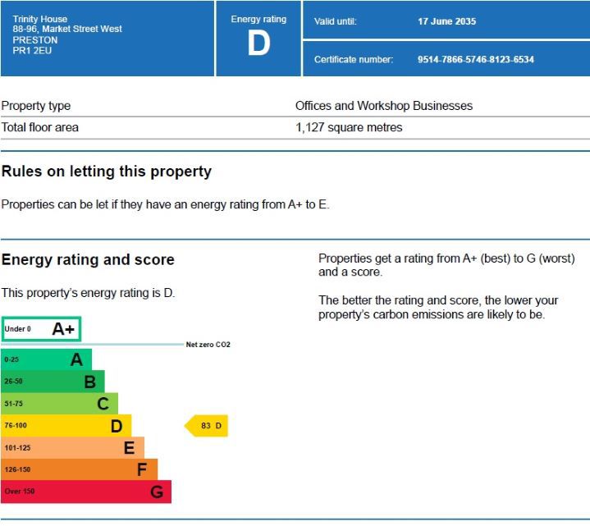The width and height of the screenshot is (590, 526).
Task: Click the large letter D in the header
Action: [x=258, y=45]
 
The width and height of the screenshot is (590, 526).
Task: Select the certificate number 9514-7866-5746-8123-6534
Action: [x=475, y=60]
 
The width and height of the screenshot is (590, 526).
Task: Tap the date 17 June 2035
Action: [x=446, y=21]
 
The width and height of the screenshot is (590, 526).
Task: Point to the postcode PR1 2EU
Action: [x=31, y=51]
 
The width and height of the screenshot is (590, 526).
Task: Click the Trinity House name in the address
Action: [x=40, y=19]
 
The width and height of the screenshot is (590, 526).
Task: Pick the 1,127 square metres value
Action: [x=349, y=128]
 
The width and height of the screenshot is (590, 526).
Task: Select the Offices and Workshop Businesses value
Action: [x=384, y=106]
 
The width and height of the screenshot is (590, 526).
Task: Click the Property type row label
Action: [x=36, y=106]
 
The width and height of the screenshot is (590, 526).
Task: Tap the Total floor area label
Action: [x=40, y=128]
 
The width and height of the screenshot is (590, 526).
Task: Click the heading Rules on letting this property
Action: [x=107, y=172]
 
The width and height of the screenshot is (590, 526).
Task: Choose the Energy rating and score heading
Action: [x=88, y=260]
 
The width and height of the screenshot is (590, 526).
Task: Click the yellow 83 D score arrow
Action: [x=207, y=426]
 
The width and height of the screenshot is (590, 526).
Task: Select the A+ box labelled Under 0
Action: [x=41, y=329]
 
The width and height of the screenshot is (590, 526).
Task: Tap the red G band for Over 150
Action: [x=85, y=492]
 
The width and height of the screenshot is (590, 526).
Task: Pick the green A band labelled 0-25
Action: [x=46, y=359]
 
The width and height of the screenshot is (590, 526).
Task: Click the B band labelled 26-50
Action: [x=53, y=382]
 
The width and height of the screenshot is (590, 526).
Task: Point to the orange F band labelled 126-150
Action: [x=79, y=469]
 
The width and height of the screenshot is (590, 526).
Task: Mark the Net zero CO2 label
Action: [x=208, y=345]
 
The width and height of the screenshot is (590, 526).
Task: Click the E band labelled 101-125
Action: [x=72, y=448]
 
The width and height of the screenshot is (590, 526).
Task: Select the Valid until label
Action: [x=335, y=21]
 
